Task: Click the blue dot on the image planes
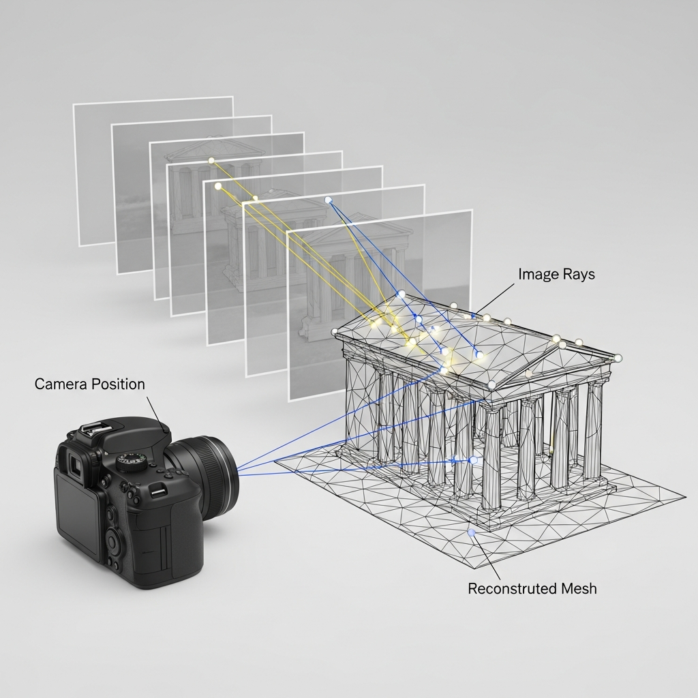(328, 200)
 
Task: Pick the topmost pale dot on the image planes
(211, 161)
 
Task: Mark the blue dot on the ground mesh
(470, 532)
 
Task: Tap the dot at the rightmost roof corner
(618, 357)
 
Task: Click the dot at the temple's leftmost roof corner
(335, 332)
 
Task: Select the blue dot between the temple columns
(472, 460)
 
